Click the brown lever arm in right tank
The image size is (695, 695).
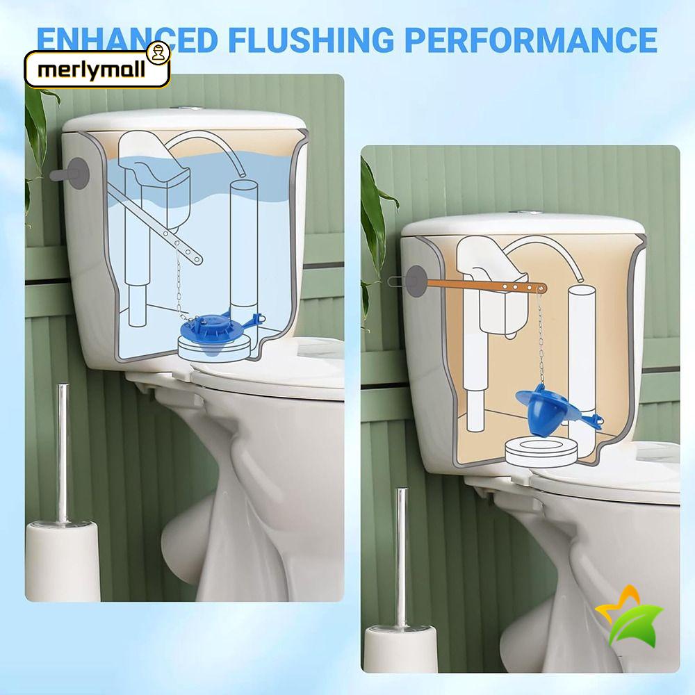pos(486,284)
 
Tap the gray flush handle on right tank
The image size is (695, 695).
pos(416,280)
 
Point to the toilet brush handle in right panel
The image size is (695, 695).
pos(402,556)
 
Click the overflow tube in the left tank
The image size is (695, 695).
pos(243,243)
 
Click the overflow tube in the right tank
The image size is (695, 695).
pos(582,347)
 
